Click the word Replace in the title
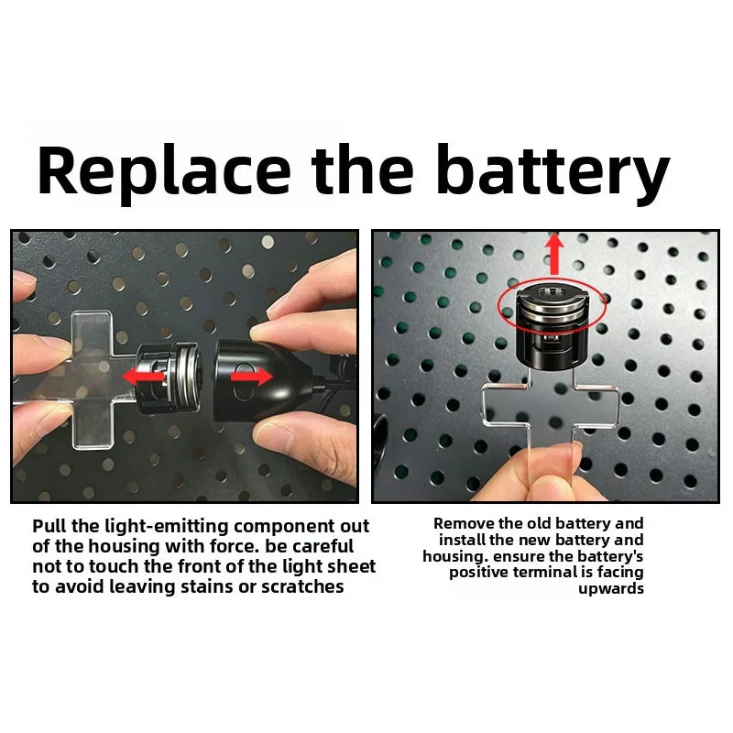click(x=164, y=170)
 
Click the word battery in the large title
click(x=553, y=170)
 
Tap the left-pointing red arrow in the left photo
click(x=143, y=377)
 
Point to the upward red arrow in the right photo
click(x=554, y=255)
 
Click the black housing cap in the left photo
click(x=259, y=378)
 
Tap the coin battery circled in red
click(x=551, y=305)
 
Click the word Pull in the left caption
click(x=49, y=526)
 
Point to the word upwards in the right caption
click(x=610, y=588)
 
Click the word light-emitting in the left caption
click(x=166, y=527)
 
